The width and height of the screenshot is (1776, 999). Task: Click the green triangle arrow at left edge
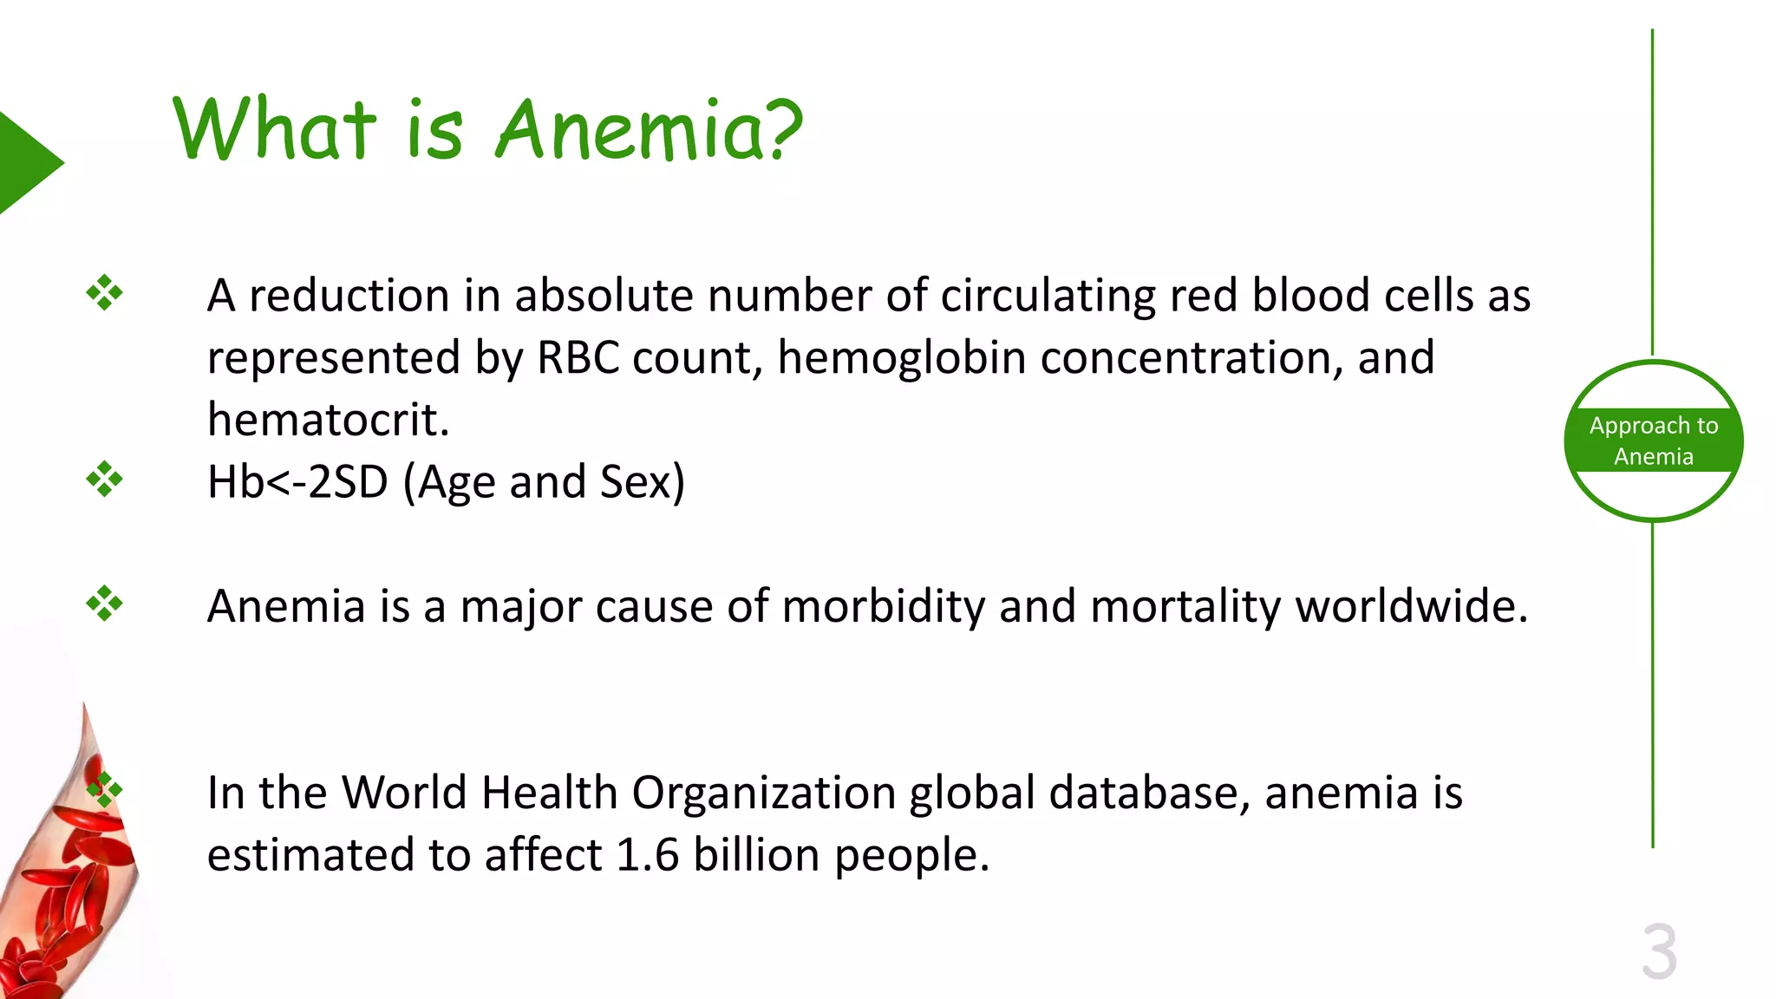pyautogui.click(x=26, y=162)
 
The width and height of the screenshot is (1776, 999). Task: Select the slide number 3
pyautogui.click(x=1659, y=952)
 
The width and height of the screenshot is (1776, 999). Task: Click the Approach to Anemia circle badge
pyautogui.click(x=1653, y=441)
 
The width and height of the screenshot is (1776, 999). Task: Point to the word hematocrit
pyautogui.click(x=328, y=420)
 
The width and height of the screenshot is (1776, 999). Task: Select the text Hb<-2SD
pyautogui.click(x=297, y=482)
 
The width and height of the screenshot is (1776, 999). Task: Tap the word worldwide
pyautogui.click(x=1411, y=606)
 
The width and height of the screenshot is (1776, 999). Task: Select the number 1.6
pyautogui.click(x=647, y=855)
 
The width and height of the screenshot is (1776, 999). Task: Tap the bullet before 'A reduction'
pyautogui.click(x=104, y=293)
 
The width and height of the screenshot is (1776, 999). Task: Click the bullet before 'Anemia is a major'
pyautogui.click(x=104, y=604)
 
